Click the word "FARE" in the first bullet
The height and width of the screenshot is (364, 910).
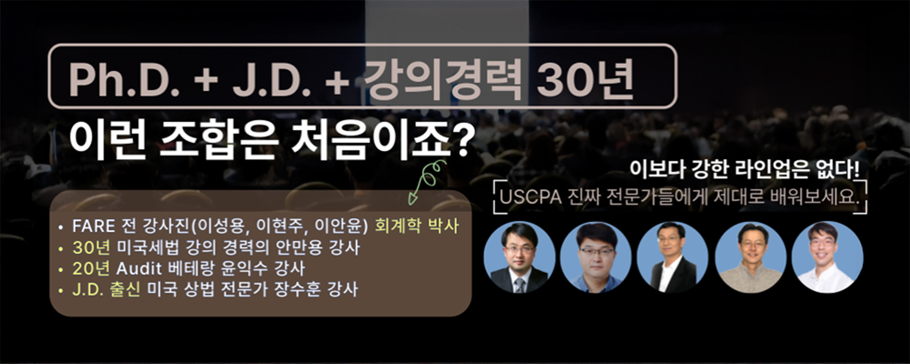[x=94, y=226]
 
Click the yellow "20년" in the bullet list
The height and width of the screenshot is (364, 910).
[x=91, y=269]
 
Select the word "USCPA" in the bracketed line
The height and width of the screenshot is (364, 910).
[x=530, y=198]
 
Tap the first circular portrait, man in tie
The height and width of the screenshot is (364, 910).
[x=519, y=257]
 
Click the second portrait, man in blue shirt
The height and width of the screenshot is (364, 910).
[x=596, y=257]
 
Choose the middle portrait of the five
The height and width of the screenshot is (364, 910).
[x=672, y=257]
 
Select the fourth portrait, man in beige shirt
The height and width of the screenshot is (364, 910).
[x=750, y=257]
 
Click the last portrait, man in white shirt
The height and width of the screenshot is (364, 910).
[x=827, y=257]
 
